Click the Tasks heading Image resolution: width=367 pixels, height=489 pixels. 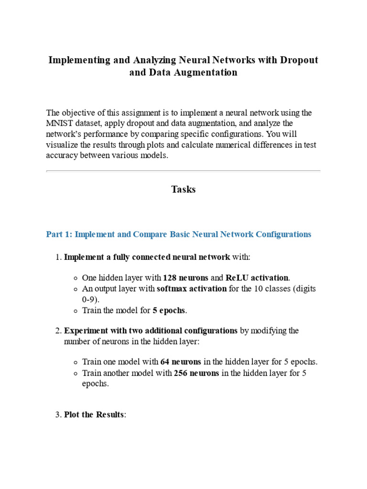point(183,189)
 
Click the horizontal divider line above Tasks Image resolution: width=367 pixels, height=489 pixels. point(183,170)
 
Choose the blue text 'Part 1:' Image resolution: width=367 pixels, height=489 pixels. point(59,234)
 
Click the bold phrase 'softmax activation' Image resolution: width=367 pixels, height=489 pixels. point(192,289)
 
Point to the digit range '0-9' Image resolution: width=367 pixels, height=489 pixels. point(89,299)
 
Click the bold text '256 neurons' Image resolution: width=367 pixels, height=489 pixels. point(196,373)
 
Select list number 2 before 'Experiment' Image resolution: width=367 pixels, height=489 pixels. point(58,331)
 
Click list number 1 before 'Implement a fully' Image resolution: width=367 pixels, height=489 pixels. point(58,257)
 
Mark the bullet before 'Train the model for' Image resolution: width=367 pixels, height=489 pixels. point(76,311)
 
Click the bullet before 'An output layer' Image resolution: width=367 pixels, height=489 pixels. point(76,289)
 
